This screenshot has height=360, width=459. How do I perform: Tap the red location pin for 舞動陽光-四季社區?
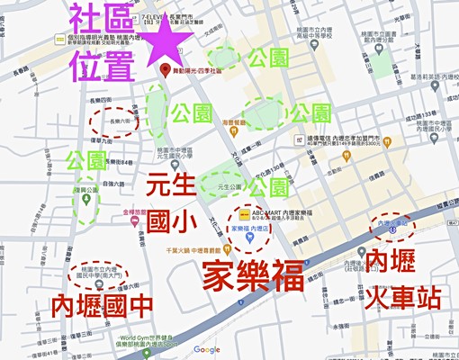click(163, 69)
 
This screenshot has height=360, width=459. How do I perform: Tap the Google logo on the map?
click(206, 349)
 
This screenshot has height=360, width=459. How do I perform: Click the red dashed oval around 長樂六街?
click(117, 120)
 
